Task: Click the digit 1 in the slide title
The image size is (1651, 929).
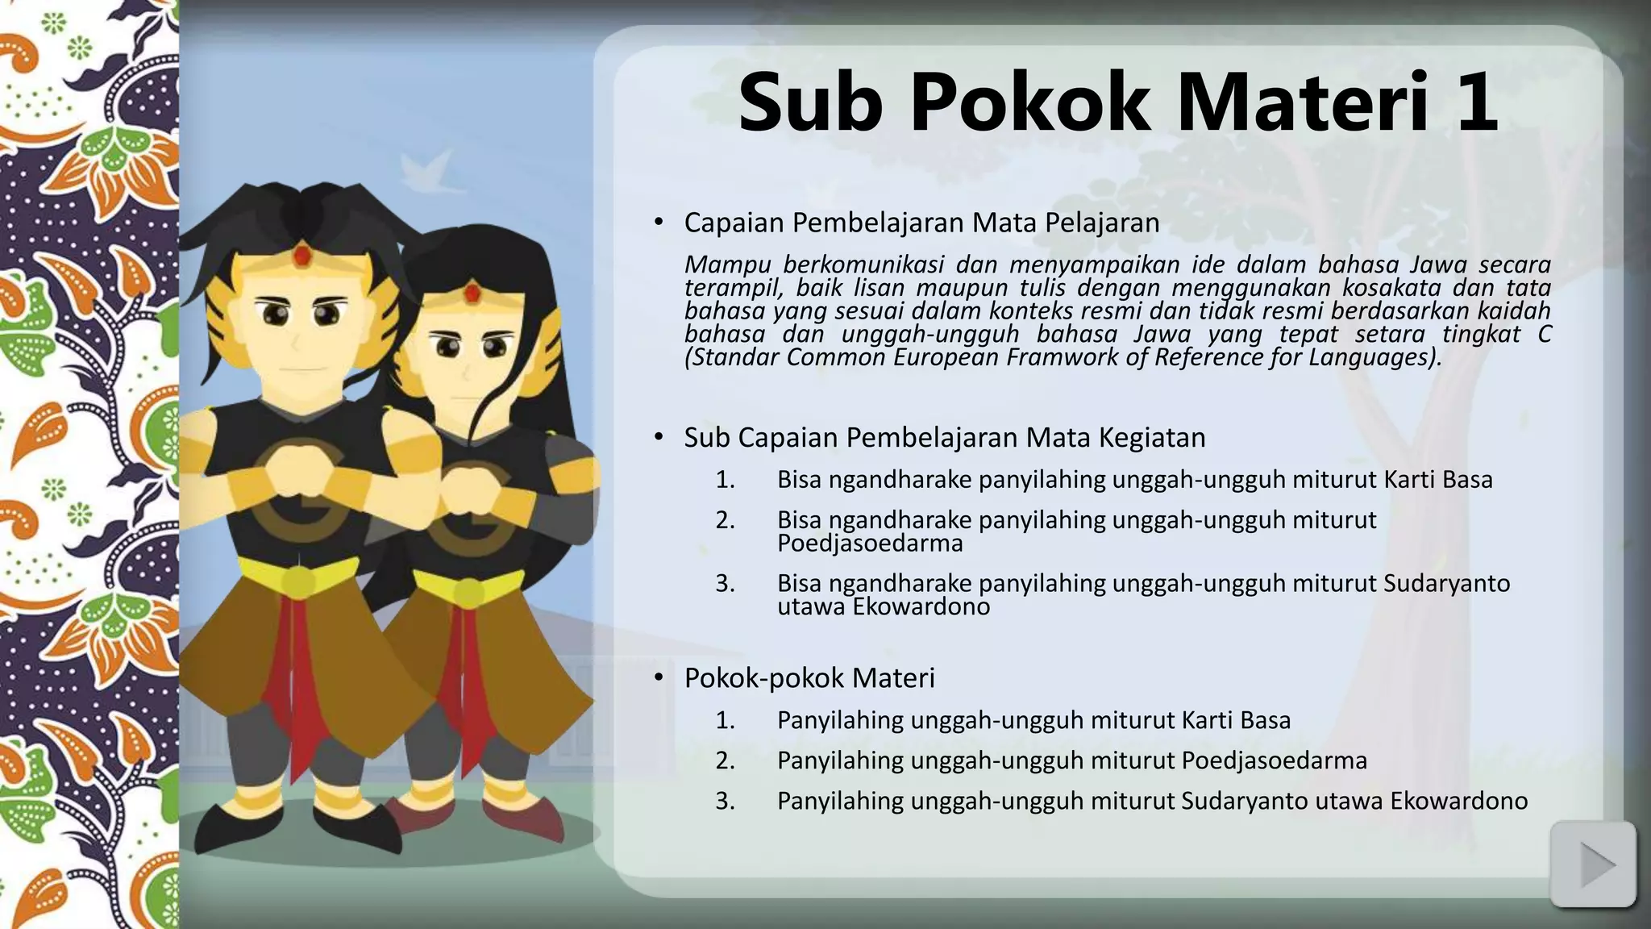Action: pyautogui.click(x=1474, y=103)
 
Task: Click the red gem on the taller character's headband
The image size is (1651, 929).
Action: pyautogui.click(x=302, y=256)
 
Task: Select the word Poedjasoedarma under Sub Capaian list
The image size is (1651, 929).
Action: pyautogui.click(x=870, y=544)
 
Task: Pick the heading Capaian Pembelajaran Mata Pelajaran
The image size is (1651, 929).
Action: pyautogui.click(x=921, y=223)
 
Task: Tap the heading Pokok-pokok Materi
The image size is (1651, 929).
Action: pyautogui.click(x=809, y=678)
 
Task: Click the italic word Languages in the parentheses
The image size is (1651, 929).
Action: pyautogui.click(x=1369, y=357)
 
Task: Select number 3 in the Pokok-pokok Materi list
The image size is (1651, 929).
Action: pyautogui.click(x=725, y=801)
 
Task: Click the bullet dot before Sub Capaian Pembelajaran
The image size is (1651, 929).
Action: pyautogui.click(x=659, y=437)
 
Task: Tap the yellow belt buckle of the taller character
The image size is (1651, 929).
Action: pyautogui.click(x=300, y=580)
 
